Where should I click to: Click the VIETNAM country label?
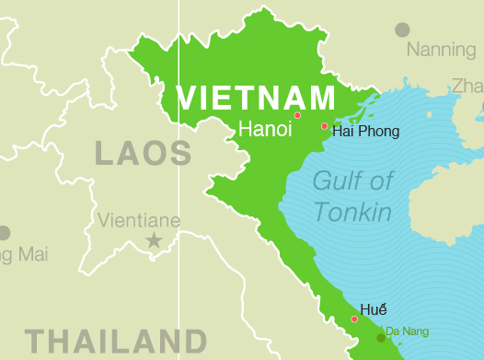point(256,98)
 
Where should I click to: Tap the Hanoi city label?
point(265,130)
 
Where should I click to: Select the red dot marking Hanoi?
point(297,115)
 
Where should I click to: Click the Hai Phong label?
point(366,132)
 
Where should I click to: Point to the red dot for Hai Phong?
point(324,126)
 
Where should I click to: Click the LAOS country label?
point(143,153)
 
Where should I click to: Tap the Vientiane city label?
point(139,220)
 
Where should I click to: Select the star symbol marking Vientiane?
point(154,240)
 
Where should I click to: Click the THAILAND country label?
point(116,341)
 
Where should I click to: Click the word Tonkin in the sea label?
point(352,213)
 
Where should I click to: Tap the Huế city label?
point(374,309)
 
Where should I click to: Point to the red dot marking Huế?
point(354,319)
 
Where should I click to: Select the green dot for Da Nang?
point(381,338)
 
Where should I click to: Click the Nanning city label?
point(442,50)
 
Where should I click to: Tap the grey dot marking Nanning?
point(402,29)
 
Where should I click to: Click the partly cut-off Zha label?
point(467,87)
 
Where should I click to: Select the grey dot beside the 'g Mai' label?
point(4,233)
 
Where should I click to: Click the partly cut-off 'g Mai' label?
point(22,254)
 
